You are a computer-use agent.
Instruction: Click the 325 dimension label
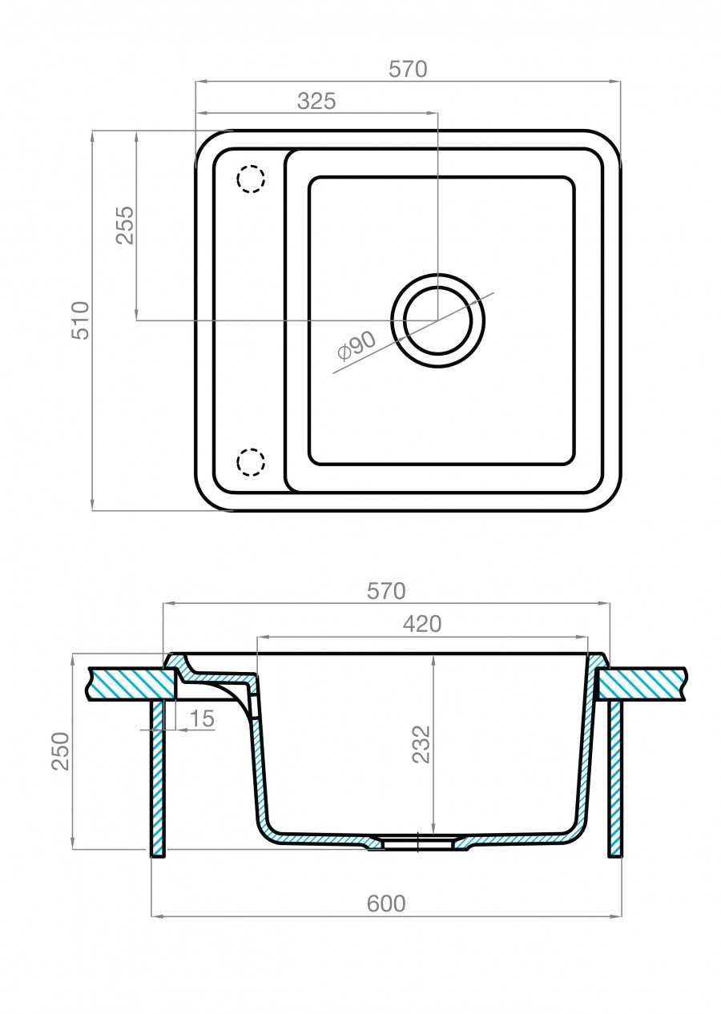point(316,101)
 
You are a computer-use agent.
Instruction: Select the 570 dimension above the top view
point(408,70)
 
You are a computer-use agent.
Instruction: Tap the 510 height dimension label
point(81,320)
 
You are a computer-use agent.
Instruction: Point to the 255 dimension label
point(124,226)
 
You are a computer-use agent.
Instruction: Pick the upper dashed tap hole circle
point(250,179)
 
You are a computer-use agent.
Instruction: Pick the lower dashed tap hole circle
point(250,462)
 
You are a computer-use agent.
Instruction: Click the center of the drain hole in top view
point(437,320)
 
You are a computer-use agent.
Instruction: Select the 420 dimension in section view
point(422,624)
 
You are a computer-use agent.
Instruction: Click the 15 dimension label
point(203,718)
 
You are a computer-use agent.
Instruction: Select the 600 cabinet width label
point(386,903)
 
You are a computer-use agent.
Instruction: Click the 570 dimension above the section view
point(386,592)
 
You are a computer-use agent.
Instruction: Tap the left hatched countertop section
point(128,683)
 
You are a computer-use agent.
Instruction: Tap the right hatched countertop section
point(641,683)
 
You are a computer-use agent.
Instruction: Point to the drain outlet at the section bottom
point(417,842)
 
